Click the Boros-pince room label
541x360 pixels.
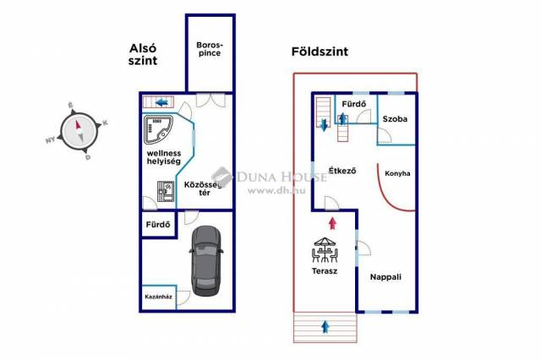pyautogui.click(x=208, y=49)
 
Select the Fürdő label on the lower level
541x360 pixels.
pyautogui.click(x=158, y=225)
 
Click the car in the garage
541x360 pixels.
pyautogui.click(x=205, y=259)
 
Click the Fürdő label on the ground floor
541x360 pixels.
pyautogui.click(x=353, y=105)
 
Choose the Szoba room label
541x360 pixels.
pyautogui.click(x=395, y=119)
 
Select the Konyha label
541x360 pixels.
pyautogui.click(x=397, y=173)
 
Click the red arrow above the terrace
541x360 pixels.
pyautogui.click(x=332, y=223)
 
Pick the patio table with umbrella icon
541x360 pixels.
pyautogui.click(x=325, y=250)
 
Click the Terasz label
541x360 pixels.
pyautogui.click(x=325, y=271)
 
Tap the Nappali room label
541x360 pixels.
pyautogui.click(x=385, y=276)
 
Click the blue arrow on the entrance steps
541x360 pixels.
pyautogui.click(x=325, y=325)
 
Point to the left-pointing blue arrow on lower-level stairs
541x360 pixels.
pyautogui.click(x=161, y=103)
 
